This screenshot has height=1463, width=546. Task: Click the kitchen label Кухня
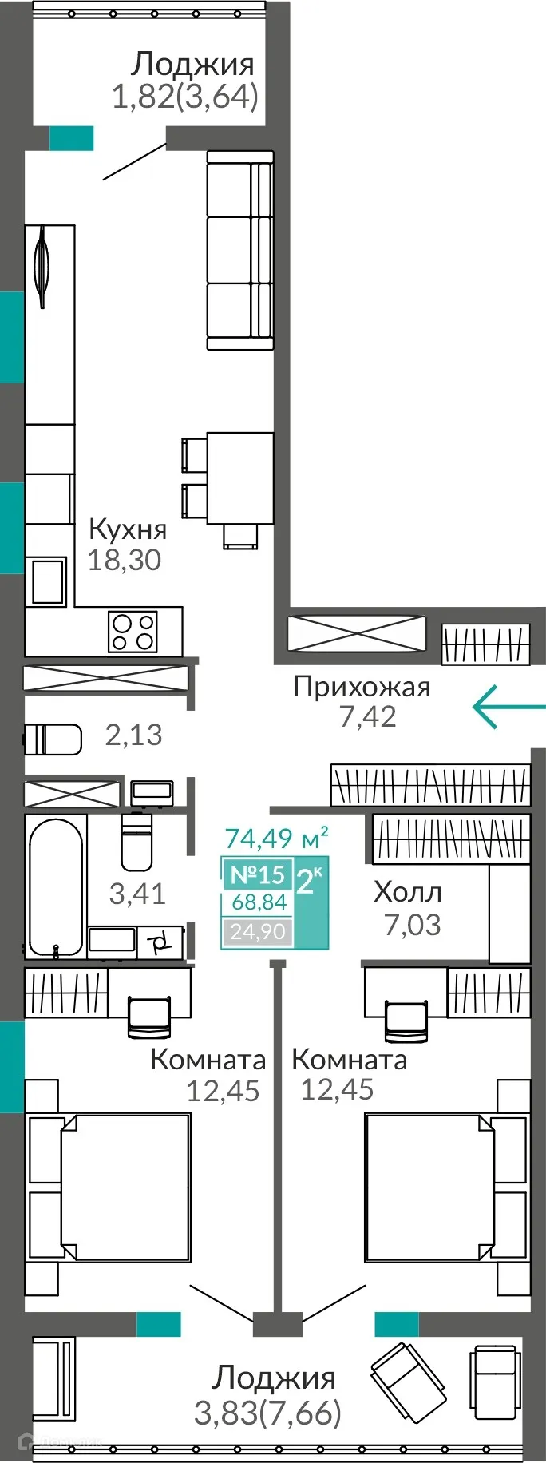(128, 529)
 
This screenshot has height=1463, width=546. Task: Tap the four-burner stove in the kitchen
(133, 632)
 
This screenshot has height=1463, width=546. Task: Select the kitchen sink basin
(48, 581)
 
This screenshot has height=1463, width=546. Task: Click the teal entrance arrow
(508, 707)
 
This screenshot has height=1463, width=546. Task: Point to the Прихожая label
(361, 687)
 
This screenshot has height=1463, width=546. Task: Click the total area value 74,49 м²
(276, 839)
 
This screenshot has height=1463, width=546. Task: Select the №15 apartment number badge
(257, 874)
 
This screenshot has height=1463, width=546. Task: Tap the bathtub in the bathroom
(55, 886)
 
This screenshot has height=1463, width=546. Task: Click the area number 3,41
(137, 894)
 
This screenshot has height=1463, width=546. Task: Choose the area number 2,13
(133, 735)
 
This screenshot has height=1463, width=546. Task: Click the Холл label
(407, 892)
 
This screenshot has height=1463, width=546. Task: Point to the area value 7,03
(412, 925)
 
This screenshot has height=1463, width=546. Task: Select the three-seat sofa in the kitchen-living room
(240, 250)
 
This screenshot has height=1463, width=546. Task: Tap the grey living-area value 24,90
(257, 931)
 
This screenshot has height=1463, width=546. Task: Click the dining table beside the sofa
(240, 478)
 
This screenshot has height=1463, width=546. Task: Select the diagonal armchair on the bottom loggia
(408, 1380)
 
